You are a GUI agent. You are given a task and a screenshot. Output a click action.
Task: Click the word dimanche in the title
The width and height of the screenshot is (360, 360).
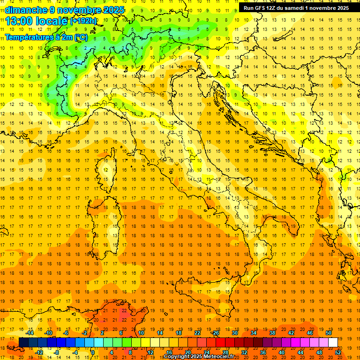pyautogui.click(x=23, y=10)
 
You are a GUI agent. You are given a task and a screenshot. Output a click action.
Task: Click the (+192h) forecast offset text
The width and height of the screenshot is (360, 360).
pyautogui.click(x=83, y=21)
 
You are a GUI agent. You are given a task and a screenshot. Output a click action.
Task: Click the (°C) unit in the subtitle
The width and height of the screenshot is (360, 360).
pyautogui.click(x=80, y=37)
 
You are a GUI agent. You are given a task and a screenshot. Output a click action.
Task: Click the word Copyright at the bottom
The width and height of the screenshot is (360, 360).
pyautogui.click(x=176, y=357)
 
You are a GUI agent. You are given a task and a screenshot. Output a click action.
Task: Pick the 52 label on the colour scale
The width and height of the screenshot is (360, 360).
pyautogui.click(x=338, y=352)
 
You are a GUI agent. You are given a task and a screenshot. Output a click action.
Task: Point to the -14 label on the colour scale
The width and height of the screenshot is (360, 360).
pyautogui.click(x=30, y=332)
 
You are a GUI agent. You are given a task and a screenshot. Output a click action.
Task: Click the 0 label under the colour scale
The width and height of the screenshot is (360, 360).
pyautogui.click(x=93, y=352)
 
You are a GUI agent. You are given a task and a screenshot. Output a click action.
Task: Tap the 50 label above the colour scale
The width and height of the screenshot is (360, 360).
pyautogui.click(x=329, y=332)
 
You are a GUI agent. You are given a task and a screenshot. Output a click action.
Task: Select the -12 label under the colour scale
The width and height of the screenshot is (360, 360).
pyautogui.click(x=39, y=352)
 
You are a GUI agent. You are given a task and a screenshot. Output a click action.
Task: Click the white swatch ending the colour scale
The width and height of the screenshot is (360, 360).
pyautogui.click(x=333, y=342)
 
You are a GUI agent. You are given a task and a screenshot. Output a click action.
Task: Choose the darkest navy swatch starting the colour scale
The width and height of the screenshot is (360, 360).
pyautogui.click(x=23, y=342)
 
